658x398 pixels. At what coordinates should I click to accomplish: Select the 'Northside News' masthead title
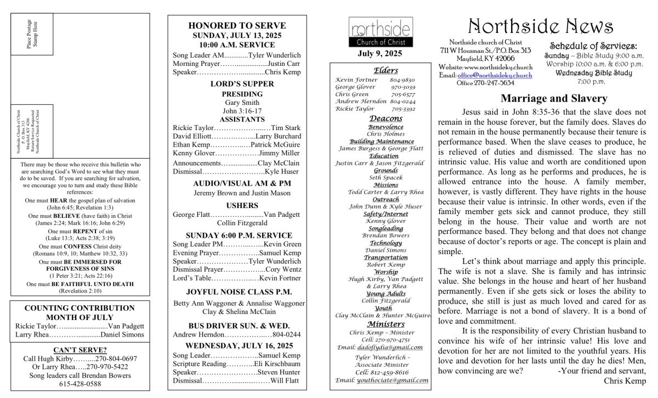click(541, 26)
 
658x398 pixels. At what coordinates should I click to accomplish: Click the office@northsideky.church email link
click(495, 75)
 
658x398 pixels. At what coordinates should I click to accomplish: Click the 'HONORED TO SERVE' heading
click(237, 25)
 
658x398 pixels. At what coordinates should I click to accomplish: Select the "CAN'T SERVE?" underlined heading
click(80, 349)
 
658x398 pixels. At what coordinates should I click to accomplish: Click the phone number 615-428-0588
click(80, 384)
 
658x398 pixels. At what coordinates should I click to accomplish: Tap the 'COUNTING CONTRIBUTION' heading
click(80, 308)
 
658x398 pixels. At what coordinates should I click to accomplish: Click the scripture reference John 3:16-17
click(237, 111)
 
